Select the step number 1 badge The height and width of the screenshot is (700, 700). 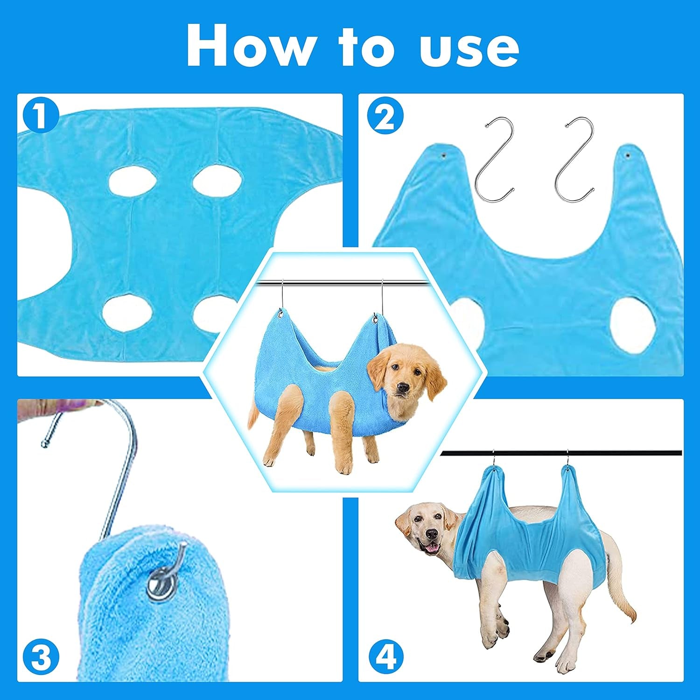pyautogui.click(x=40, y=116)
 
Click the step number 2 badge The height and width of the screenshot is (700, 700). pyautogui.click(x=385, y=118)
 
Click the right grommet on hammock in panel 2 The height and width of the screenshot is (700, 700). pyautogui.click(x=627, y=153)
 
